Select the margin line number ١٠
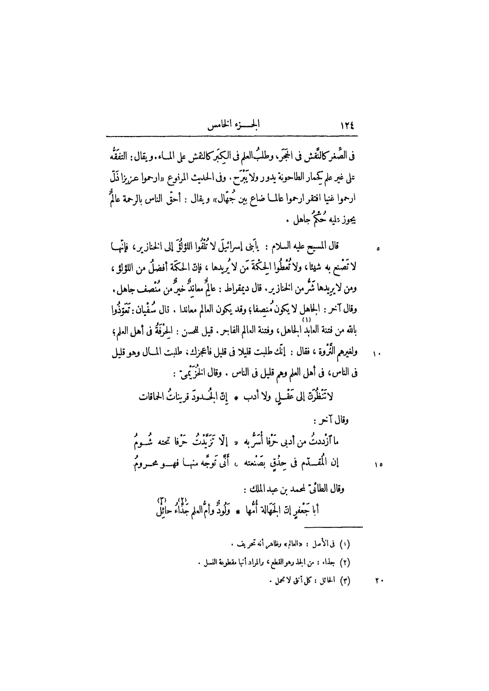click(x=377, y=354)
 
